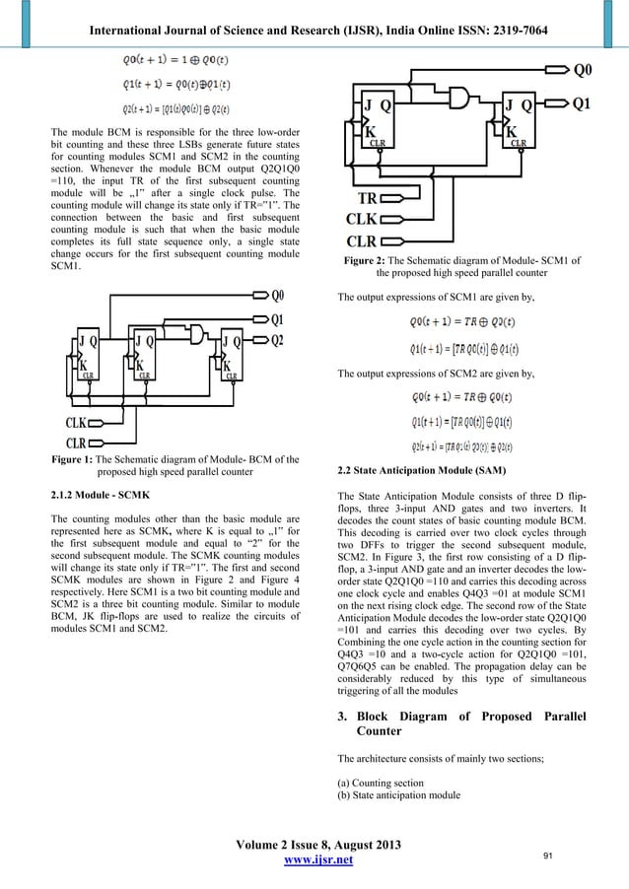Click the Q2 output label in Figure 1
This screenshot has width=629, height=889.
click(279, 340)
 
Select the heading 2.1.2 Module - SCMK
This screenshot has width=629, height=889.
click(100, 490)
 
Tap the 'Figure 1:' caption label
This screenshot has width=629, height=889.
click(78, 461)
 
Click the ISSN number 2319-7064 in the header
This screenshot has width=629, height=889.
click(515, 12)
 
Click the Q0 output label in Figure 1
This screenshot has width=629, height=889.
click(279, 295)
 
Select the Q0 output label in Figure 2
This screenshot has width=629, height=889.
click(586, 70)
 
